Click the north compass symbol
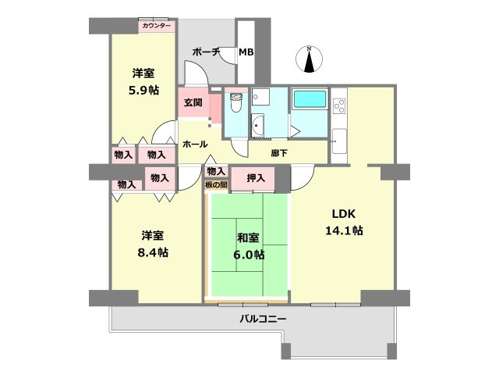tap(310, 59)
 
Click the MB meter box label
tap(246, 53)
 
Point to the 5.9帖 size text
tap(143, 91)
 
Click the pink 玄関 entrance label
tap(193, 102)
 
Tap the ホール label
tap(194, 145)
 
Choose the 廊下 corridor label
tap(279, 153)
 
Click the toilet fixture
tap(235, 101)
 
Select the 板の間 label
tap(216, 184)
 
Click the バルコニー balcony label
tap(263, 320)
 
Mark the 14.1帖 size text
tap(345, 230)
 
